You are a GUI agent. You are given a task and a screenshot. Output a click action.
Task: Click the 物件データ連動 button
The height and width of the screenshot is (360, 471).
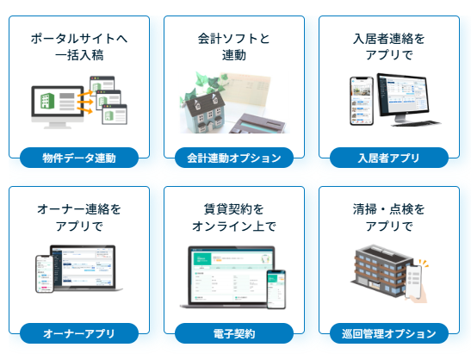click(x=79, y=158)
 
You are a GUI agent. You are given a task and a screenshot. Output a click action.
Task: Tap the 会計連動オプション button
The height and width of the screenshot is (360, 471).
click(x=234, y=158)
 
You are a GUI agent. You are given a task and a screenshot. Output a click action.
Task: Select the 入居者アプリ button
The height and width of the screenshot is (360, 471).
click(x=389, y=158)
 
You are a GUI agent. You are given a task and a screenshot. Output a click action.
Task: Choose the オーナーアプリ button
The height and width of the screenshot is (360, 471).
click(x=79, y=333)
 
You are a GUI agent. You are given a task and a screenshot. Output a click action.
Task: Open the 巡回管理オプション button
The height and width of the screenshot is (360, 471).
click(x=389, y=333)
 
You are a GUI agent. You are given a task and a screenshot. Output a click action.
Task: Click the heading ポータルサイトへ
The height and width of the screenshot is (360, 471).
click(x=79, y=39)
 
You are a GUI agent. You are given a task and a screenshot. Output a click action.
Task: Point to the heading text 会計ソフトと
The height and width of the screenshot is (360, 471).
click(x=234, y=39)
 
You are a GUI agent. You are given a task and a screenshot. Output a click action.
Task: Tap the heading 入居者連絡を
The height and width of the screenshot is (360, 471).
click(x=389, y=39)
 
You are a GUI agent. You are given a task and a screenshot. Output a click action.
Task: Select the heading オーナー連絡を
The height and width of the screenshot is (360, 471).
click(x=79, y=209)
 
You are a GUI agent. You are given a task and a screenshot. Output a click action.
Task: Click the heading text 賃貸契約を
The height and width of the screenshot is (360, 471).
click(x=234, y=209)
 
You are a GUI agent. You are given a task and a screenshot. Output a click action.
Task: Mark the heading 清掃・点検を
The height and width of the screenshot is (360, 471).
click(x=389, y=209)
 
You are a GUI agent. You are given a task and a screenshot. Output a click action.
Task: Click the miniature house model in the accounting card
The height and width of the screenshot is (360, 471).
click(x=205, y=112)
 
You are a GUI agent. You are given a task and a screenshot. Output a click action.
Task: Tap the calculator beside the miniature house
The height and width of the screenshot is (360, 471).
click(x=257, y=123)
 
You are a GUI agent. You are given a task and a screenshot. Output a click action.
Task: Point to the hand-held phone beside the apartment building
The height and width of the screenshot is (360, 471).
click(x=413, y=282)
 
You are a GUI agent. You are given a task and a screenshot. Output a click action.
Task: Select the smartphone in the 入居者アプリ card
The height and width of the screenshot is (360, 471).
click(x=362, y=101)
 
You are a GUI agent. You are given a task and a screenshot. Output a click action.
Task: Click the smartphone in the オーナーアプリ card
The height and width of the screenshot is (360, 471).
click(x=45, y=274)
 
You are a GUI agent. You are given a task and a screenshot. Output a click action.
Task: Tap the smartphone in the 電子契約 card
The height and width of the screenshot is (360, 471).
click(x=276, y=289)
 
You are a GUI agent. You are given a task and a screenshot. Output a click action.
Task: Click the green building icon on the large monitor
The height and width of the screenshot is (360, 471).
click(x=47, y=101)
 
